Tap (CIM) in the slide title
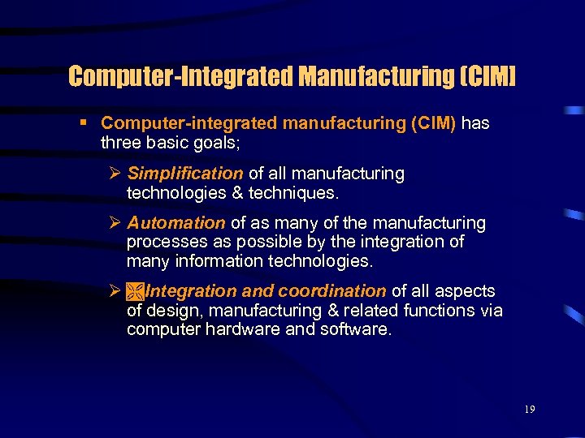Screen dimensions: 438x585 coord(487,77)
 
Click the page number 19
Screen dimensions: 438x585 coord(529,410)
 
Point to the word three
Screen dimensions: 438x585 coord(119,142)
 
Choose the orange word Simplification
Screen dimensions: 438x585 coord(185,174)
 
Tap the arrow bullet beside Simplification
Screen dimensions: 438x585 coord(115,174)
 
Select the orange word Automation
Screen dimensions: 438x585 coord(175,223)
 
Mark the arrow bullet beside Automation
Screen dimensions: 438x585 coord(115,223)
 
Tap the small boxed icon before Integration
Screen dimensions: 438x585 coord(134,291)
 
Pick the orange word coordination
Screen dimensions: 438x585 coord(331,291)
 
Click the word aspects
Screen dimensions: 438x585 coord(466,291)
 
